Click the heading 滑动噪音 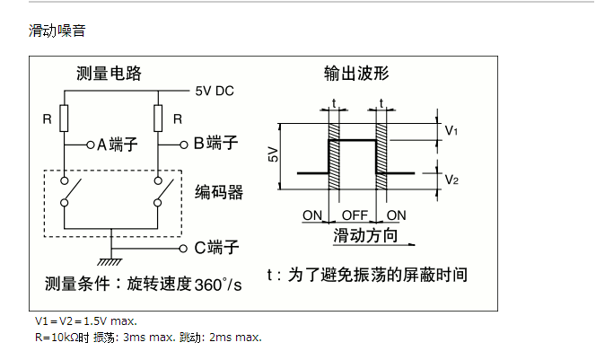pyautogui.click(x=57, y=31)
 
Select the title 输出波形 pyautogui.click(x=356, y=74)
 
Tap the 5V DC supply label pyautogui.click(x=215, y=91)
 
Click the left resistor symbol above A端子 pyautogui.click(x=65, y=118)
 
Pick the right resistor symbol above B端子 pyautogui.click(x=159, y=118)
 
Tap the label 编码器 pyautogui.click(x=219, y=192)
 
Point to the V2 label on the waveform pyautogui.click(x=451, y=180)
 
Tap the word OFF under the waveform pyautogui.click(x=355, y=215)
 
